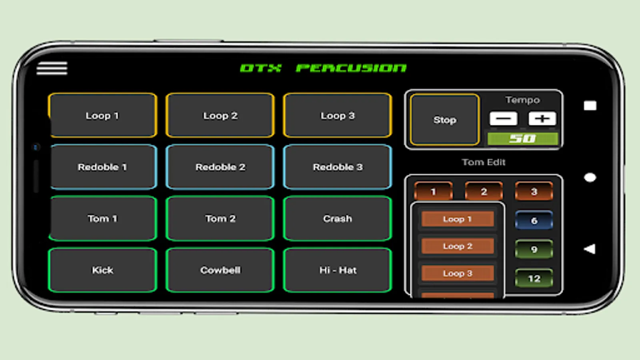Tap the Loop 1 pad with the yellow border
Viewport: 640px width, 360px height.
pos(102,116)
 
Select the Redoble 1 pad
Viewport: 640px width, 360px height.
pos(102,167)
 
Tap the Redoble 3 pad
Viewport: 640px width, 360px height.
pos(337,167)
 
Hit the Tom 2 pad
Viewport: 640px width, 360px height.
pos(220,218)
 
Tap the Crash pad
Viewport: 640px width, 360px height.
pos(337,218)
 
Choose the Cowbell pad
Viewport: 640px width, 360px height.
pos(220,270)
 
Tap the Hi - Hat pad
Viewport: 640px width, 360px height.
pos(337,270)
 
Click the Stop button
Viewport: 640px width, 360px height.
pos(444,120)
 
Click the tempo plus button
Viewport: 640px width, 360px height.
pos(542,118)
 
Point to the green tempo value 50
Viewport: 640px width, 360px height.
pos(522,139)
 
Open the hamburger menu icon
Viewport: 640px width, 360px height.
pos(52,68)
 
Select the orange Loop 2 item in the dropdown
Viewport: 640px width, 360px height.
pos(458,246)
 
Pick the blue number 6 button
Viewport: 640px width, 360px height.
pos(534,220)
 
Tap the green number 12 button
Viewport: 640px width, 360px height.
pos(534,278)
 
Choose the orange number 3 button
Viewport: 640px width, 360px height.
pos(534,192)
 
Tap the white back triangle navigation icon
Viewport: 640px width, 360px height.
pos(590,249)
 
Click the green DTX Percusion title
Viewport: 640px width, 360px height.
pos(323,68)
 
